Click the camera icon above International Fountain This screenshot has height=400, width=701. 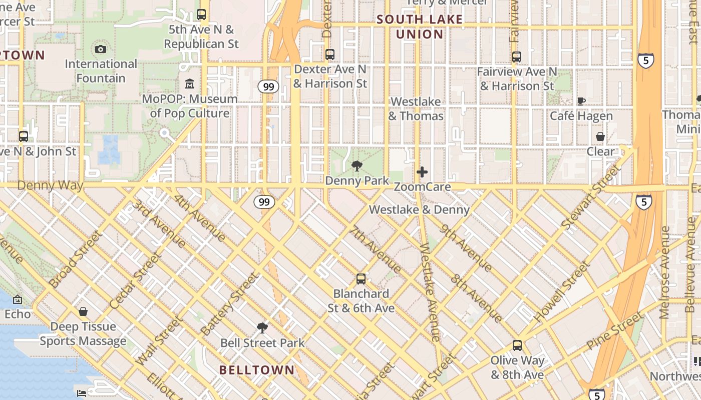pos(101,49)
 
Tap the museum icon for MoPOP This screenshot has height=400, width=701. pos(190,83)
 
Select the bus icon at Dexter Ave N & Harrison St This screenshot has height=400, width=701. pos(330,54)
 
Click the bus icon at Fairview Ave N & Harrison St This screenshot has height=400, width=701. pos(517,57)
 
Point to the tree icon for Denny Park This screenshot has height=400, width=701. pos(357,165)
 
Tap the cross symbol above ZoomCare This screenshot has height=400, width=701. pos(422,172)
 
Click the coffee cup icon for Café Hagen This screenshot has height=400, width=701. pos(581,101)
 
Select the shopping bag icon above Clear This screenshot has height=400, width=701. pos(600,136)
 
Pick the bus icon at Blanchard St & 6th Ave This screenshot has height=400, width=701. pos(361,278)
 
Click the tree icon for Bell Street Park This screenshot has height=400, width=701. pos(262,328)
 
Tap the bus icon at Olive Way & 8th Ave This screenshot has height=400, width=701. pos(517,345)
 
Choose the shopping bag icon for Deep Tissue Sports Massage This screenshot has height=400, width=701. pos(83,311)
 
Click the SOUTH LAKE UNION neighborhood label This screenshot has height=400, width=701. pos(420,27)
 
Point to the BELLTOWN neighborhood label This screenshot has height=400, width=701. pos(257,370)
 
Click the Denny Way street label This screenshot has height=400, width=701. pos(50,185)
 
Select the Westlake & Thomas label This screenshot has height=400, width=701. pos(416,109)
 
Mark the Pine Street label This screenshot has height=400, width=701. pos(614,330)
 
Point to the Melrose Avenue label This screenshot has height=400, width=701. pos(664,272)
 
